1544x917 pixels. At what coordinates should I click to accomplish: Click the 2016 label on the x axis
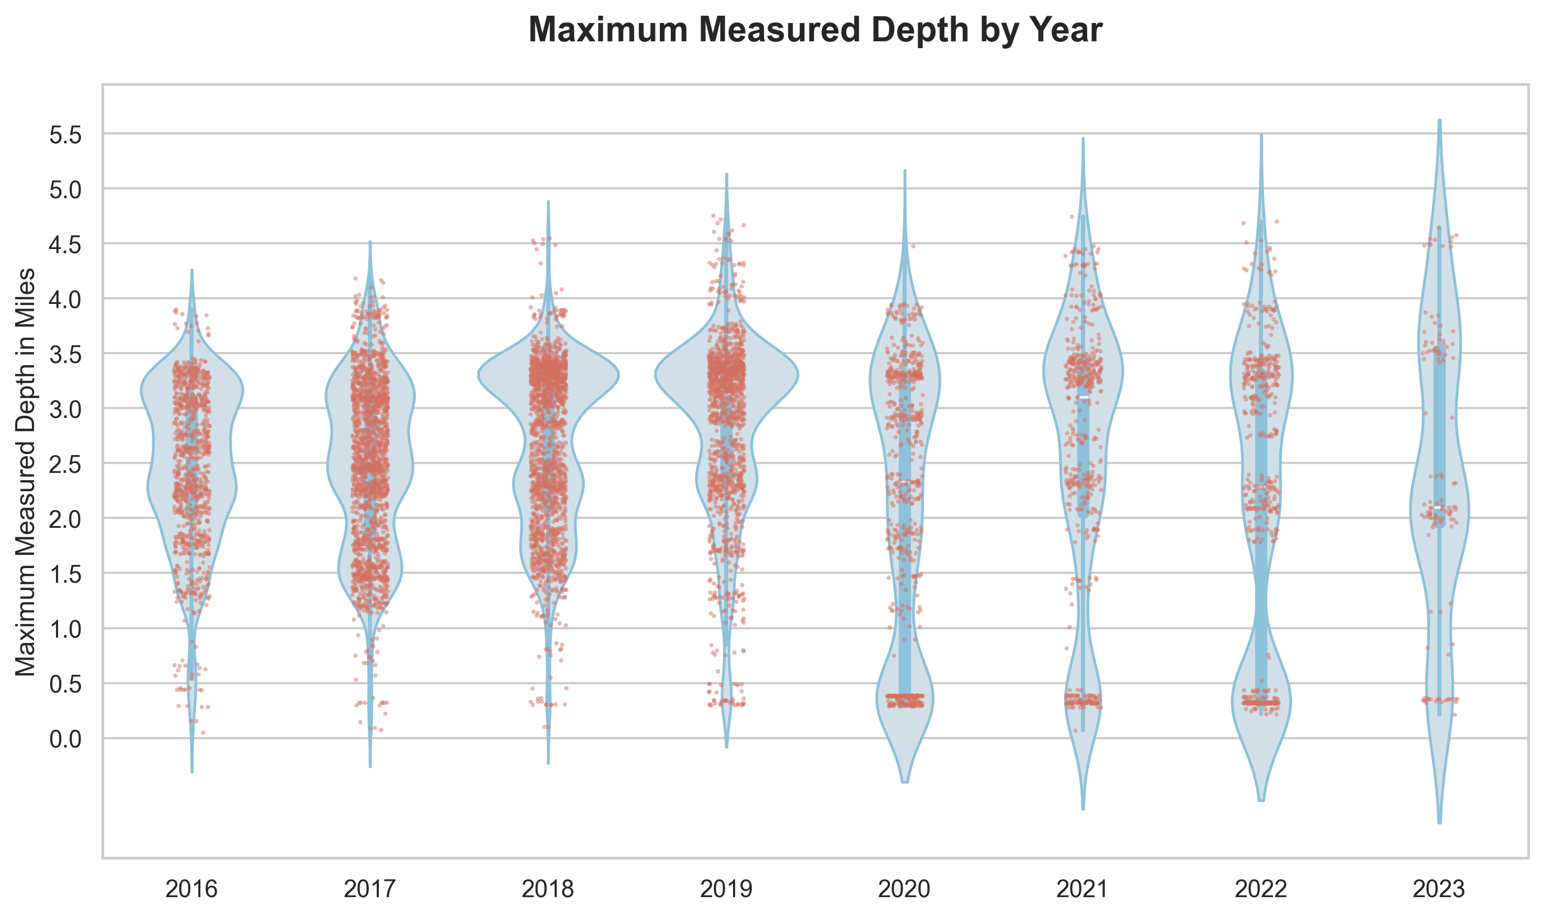click(x=191, y=889)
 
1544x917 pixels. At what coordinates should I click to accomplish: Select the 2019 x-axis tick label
click(x=726, y=889)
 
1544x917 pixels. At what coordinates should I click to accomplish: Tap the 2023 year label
click(x=1439, y=889)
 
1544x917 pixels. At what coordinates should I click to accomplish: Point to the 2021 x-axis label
click(x=1083, y=889)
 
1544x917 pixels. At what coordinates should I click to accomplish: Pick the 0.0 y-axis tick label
click(x=65, y=739)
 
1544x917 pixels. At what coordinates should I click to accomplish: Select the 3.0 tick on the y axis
click(x=65, y=409)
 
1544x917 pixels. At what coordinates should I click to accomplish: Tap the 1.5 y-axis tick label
click(x=65, y=574)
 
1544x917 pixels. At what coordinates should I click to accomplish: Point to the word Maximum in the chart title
click(x=608, y=30)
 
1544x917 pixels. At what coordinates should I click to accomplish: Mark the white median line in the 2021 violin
click(x=1083, y=397)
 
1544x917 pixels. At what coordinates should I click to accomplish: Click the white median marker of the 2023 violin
click(x=1439, y=507)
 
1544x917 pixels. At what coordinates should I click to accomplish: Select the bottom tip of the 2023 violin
click(x=1439, y=822)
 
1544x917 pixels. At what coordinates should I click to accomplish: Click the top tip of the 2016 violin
click(x=192, y=270)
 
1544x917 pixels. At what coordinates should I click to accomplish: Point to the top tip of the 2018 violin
click(x=548, y=202)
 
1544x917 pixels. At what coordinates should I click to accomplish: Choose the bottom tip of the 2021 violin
click(x=1083, y=809)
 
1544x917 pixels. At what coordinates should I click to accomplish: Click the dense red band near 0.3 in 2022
click(x=1261, y=703)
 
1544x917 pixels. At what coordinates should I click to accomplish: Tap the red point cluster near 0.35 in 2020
click(x=905, y=696)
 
